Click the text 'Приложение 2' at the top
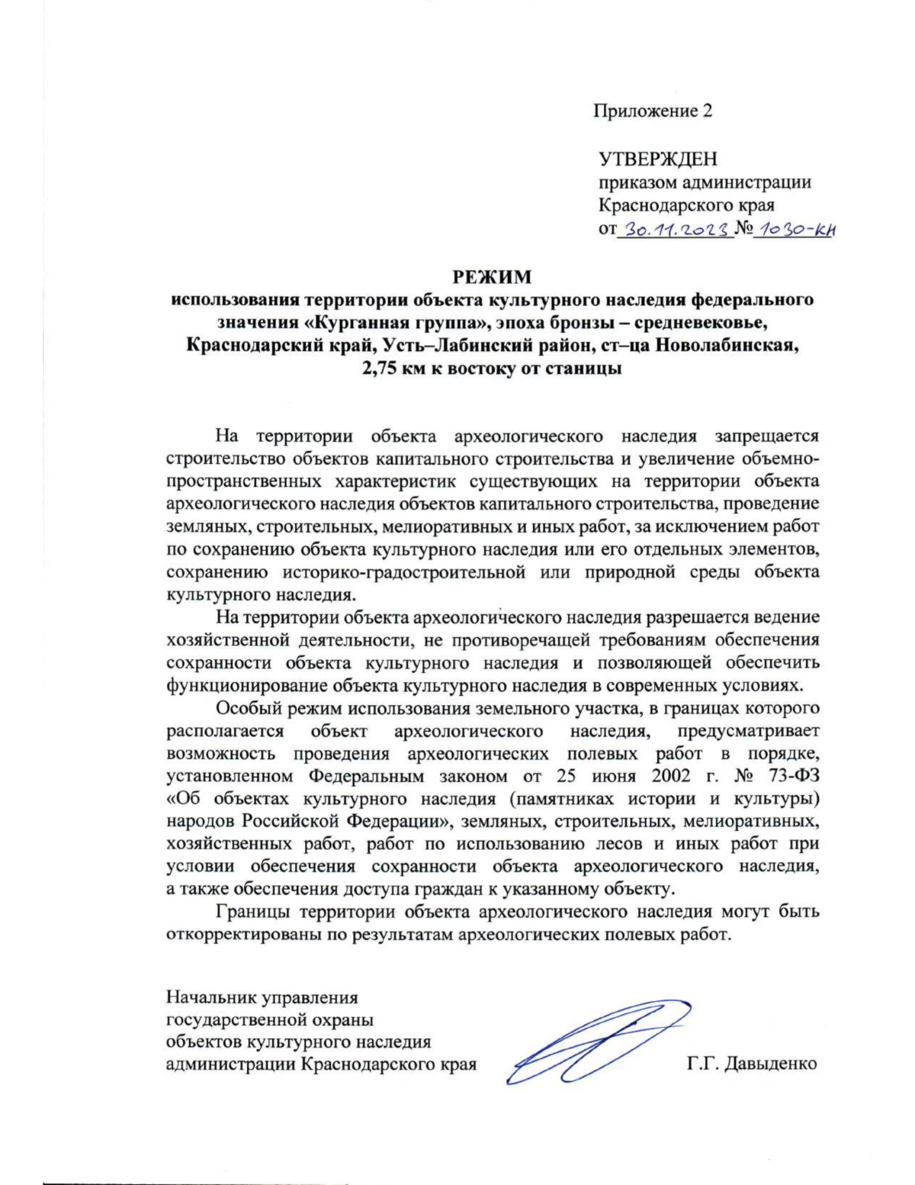point(653,111)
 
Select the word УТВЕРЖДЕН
point(657,159)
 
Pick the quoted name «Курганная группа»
point(351,321)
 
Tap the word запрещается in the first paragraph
point(766,436)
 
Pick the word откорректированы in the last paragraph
point(243,935)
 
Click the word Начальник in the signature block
point(210,997)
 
